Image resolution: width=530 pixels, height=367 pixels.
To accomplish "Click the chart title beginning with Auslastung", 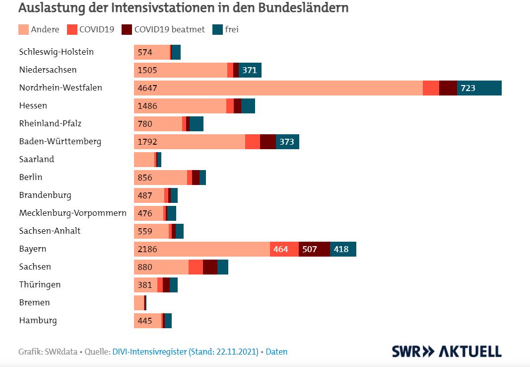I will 184,8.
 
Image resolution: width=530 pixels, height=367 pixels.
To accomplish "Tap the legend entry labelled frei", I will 226,29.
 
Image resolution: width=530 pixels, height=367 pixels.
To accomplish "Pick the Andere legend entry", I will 39,29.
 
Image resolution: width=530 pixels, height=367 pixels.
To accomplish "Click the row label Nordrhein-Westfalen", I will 61,88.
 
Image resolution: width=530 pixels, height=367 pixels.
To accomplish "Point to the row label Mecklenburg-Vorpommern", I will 72,213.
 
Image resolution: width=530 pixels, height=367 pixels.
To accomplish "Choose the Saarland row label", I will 37,159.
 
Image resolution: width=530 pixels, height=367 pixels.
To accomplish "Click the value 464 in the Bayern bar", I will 280,249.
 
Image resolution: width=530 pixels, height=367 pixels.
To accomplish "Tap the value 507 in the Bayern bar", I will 310,249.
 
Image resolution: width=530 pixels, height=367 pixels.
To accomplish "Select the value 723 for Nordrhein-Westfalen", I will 468,88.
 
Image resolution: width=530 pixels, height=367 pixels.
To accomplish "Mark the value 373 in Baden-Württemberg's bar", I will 287,142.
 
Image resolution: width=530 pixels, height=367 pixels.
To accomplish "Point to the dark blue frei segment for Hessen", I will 248,106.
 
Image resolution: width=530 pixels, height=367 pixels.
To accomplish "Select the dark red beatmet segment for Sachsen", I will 210,267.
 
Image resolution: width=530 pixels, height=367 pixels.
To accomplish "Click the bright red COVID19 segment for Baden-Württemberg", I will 253,142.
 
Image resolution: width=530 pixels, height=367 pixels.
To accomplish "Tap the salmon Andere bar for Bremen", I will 139,303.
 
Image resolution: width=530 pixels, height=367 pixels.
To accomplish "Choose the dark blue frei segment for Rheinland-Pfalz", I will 197,124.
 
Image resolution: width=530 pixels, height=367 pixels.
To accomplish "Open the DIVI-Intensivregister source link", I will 186,352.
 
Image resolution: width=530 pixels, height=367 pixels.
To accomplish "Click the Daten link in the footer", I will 276,352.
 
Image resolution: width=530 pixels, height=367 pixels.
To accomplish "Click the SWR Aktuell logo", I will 447,351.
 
